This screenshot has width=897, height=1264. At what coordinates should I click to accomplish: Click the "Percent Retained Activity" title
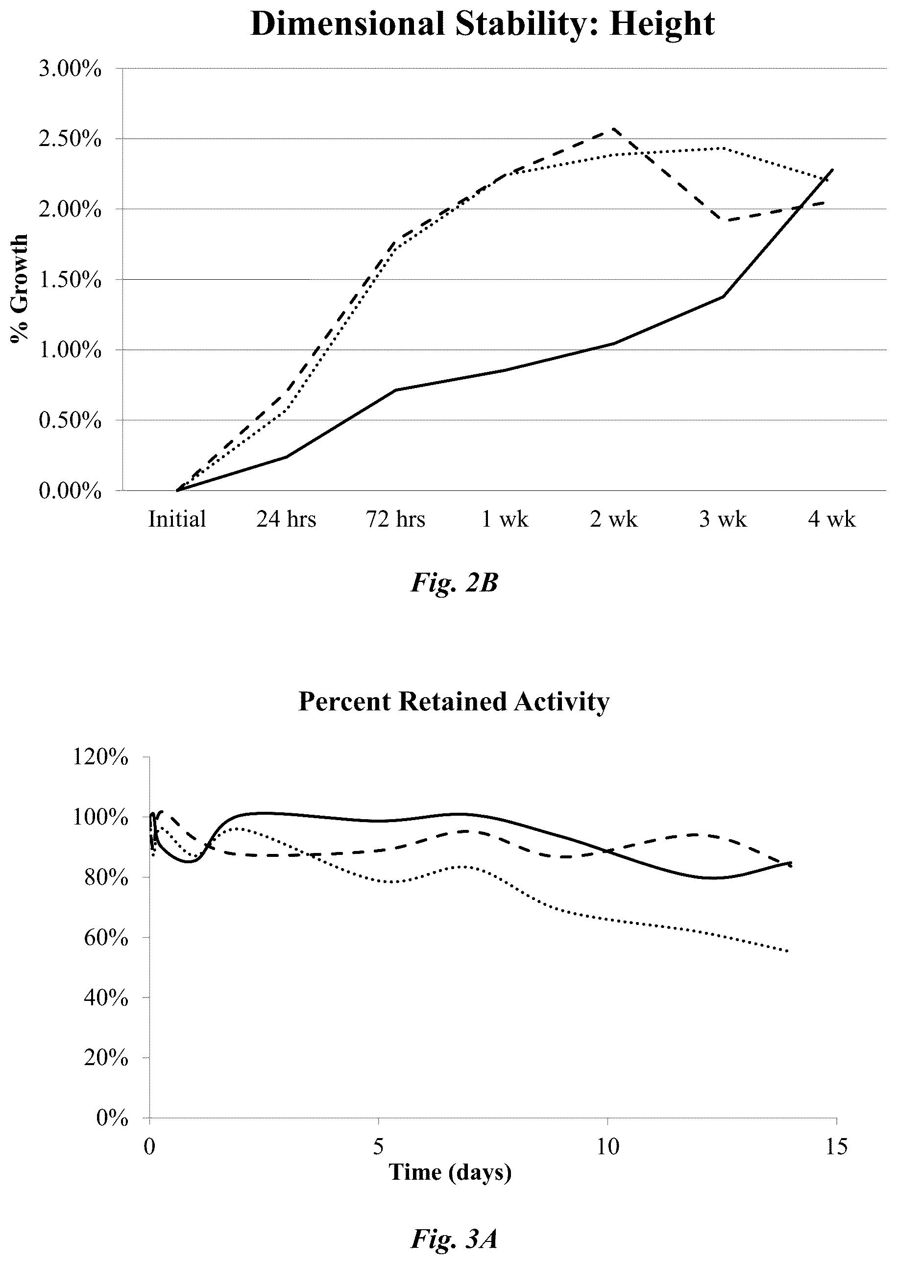[x=454, y=702]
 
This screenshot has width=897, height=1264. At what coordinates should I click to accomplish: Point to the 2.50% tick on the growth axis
[x=70, y=139]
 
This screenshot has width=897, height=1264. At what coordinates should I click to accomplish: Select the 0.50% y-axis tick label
[x=70, y=420]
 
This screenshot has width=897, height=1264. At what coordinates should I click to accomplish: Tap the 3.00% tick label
[x=70, y=69]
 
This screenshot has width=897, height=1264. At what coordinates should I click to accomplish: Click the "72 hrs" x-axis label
[x=395, y=519]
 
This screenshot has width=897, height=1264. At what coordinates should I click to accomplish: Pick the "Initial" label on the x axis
[x=177, y=519]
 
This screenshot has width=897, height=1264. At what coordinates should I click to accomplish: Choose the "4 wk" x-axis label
[x=832, y=519]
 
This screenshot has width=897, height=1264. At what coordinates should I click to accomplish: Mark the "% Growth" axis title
[x=19, y=289]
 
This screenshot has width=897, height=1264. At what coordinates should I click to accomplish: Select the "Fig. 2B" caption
[x=454, y=583]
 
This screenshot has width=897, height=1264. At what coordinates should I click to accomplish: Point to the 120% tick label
[x=100, y=757]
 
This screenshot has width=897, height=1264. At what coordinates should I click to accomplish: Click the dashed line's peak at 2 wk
[x=614, y=128]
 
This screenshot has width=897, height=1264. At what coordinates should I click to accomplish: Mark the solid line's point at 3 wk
[x=723, y=296]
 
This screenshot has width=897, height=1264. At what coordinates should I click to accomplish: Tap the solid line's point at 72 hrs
[x=396, y=390]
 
